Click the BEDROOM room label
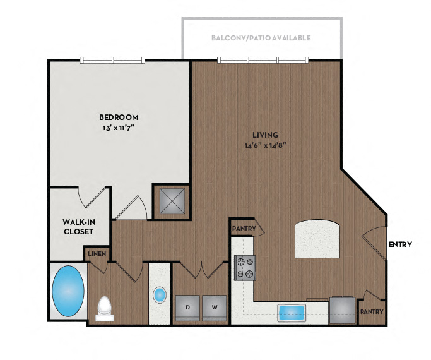[x=119, y=117]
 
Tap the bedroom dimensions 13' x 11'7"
[x=119, y=128]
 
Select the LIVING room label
[x=266, y=135]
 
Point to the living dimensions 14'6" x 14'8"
[x=266, y=145]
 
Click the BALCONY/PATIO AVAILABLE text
[x=261, y=38]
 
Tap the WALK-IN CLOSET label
[x=78, y=227]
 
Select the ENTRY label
[x=400, y=244]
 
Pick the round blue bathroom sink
[x=160, y=295]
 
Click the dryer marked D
[x=187, y=308]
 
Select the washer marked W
[x=215, y=308]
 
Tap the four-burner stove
[x=244, y=267]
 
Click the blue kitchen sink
[x=292, y=312]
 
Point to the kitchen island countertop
[x=318, y=239]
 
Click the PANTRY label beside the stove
[x=244, y=228]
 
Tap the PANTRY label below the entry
[x=371, y=312]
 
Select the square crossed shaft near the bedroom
[x=171, y=202]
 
